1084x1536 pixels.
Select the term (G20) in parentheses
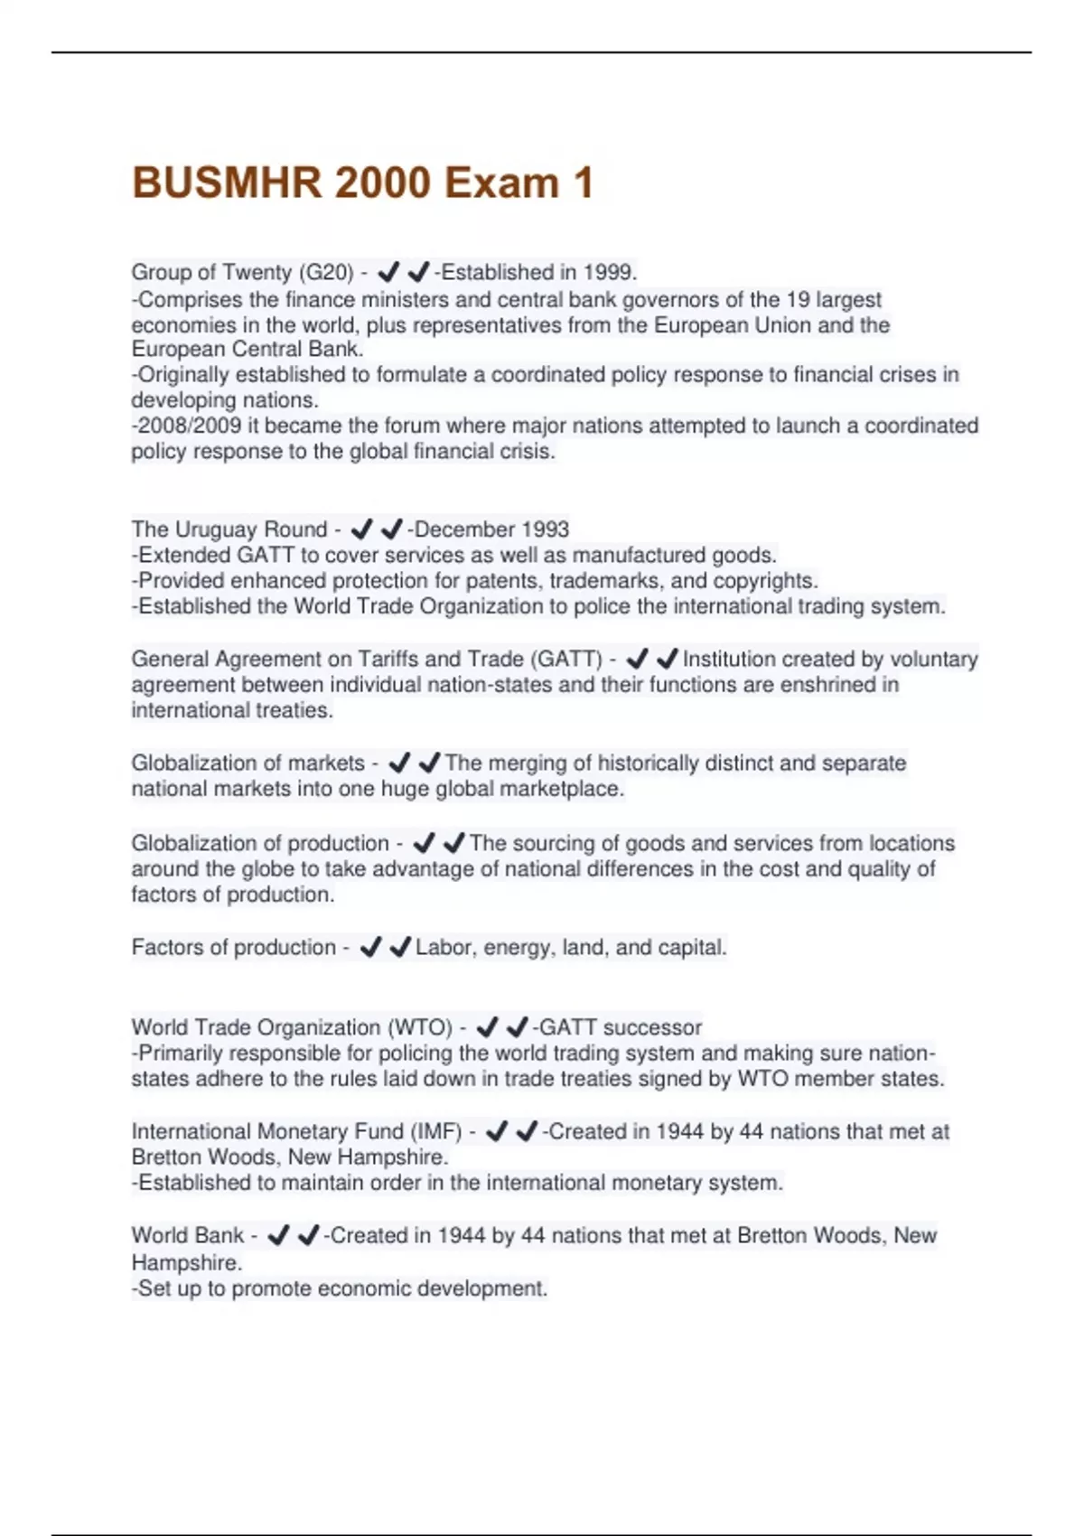coord(326,272)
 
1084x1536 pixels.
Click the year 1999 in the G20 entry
coord(609,272)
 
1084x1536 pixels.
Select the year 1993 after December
coord(545,529)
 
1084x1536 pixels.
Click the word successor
coord(652,1027)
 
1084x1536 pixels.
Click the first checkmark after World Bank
coord(278,1235)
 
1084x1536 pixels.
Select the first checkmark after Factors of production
coord(370,948)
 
